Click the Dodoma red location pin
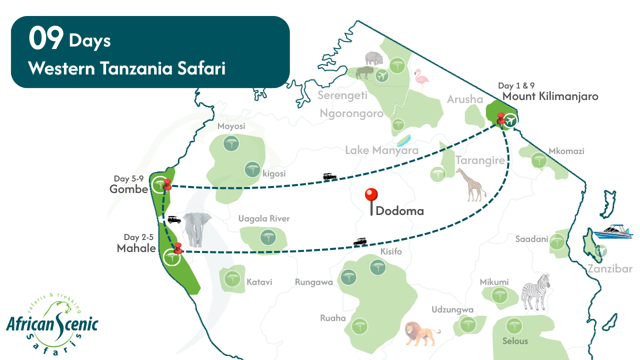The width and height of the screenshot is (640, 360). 371,195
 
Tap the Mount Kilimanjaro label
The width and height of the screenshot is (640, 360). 550,96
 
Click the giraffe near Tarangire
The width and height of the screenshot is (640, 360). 470,184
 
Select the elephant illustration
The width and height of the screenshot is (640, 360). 197,229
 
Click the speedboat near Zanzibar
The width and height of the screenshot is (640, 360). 616,231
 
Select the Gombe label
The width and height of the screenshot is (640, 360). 129,189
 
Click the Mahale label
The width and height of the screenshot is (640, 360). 136,248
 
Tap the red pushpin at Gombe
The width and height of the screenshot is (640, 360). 167,184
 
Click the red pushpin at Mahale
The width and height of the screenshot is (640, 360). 177,247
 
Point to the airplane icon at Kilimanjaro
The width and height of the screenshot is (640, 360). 510,120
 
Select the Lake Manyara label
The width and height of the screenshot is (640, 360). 381,150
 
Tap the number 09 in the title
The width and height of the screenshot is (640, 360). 46,39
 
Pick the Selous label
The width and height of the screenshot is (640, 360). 515,341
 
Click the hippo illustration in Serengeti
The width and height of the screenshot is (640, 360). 373,58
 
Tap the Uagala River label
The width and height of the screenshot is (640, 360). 263,218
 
